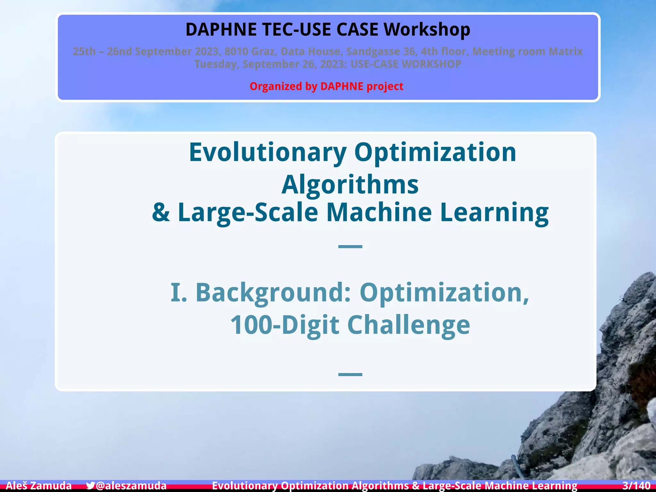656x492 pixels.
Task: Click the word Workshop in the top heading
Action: [x=427, y=29]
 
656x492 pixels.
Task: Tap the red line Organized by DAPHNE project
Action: [x=326, y=86]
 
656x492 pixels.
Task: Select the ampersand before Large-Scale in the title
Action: [x=161, y=212]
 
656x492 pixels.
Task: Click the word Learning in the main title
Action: [x=494, y=212]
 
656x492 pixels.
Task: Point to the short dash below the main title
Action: [x=350, y=246]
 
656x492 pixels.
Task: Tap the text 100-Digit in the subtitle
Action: [x=284, y=325]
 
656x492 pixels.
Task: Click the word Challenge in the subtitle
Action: [x=408, y=325]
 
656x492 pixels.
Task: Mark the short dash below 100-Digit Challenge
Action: [x=350, y=374]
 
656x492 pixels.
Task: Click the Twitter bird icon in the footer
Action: [x=91, y=486]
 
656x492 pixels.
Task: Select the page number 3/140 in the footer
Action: [x=636, y=486]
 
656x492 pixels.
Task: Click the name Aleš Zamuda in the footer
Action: [x=39, y=486]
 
